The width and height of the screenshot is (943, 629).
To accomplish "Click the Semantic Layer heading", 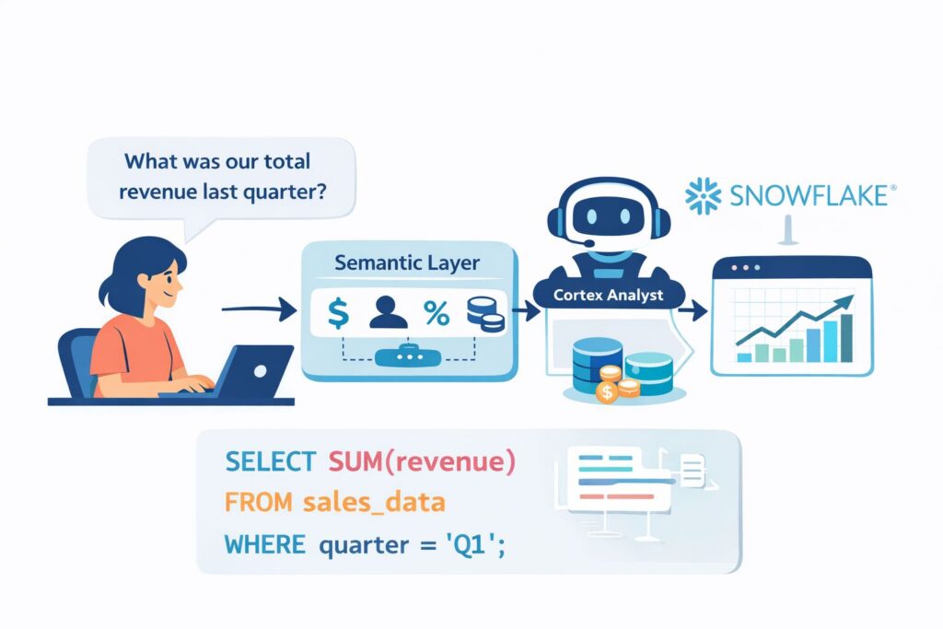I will coord(407,263).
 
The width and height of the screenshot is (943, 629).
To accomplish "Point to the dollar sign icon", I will coord(338,314).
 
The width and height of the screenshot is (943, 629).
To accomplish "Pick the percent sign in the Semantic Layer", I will coord(436,314).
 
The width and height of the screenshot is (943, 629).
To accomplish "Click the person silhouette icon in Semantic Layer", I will coord(387,314).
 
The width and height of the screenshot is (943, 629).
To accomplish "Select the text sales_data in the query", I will coord(373,503).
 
